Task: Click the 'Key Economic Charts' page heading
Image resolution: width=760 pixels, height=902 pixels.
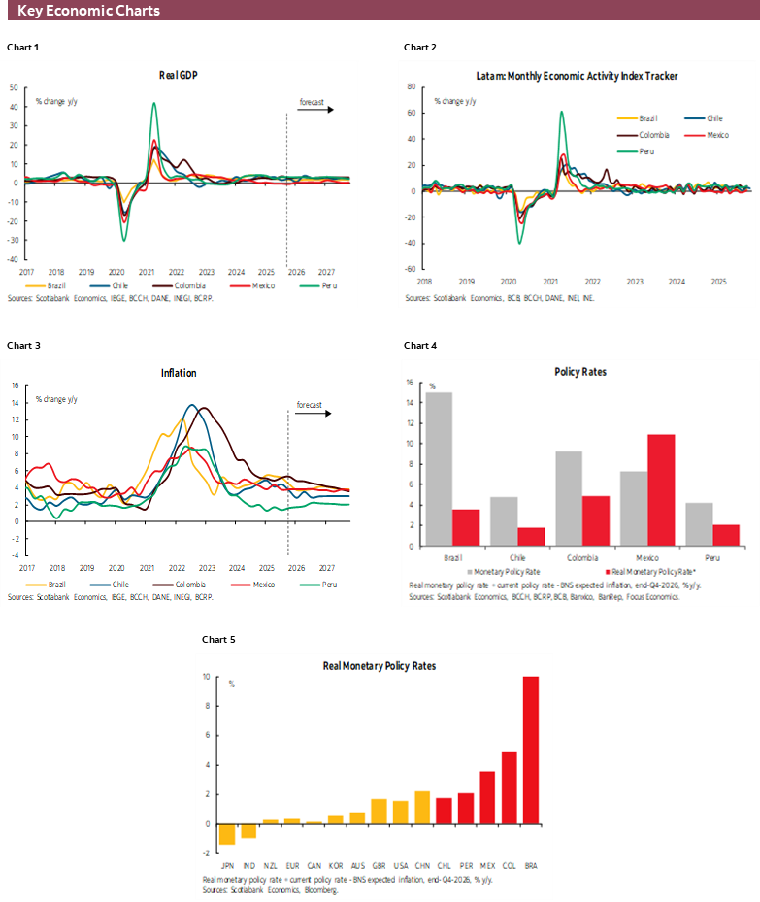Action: pos(88,11)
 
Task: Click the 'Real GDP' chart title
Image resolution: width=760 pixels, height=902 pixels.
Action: pos(179,75)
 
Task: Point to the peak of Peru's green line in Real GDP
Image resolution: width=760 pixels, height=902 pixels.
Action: pos(153,104)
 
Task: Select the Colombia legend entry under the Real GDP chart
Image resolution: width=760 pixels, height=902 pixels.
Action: pos(189,285)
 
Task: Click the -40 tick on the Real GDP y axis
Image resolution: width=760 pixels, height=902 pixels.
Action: pos(14,259)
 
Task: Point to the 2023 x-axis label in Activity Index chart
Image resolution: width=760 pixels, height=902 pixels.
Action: pos(634,281)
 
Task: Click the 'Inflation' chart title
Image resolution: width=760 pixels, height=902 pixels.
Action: pos(179,373)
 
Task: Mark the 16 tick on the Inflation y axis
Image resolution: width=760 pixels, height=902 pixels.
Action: pos(16,385)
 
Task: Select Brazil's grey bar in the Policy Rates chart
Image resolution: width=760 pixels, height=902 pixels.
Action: pos(439,469)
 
